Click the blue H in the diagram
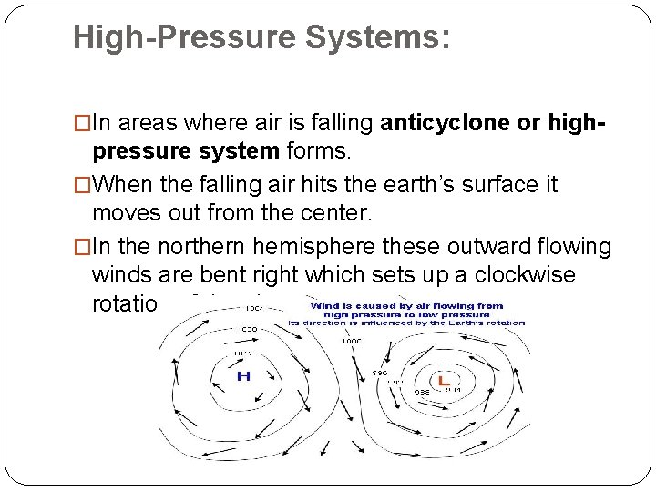(x=243, y=376)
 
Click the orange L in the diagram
(x=442, y=381)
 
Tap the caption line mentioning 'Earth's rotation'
(x=406, y=323)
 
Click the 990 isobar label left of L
(x=379, y=372)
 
